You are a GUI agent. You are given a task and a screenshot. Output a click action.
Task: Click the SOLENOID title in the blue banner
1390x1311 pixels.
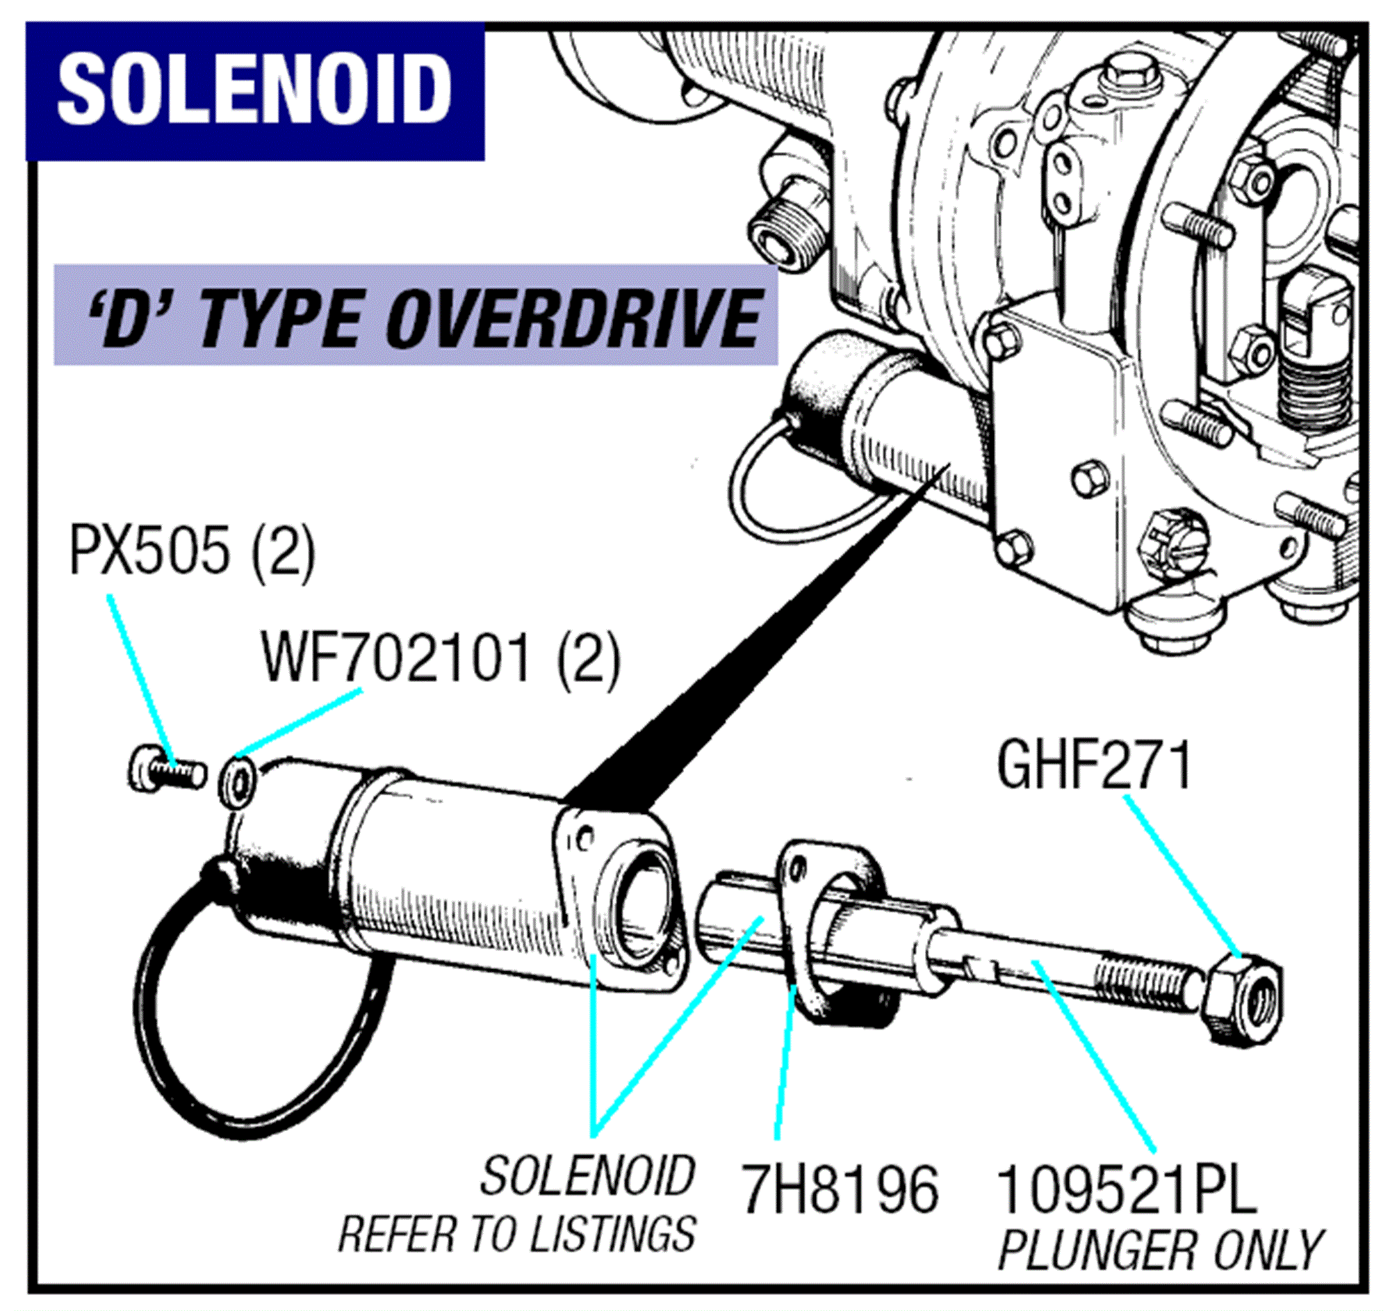[x=254, y=90]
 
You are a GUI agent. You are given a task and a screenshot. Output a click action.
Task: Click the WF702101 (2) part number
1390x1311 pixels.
[x=441, y=660]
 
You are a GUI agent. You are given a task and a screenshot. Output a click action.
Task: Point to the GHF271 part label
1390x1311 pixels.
[x=1094, y=766]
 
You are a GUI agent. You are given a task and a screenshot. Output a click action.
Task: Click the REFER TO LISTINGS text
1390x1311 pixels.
[x=517, y=1234]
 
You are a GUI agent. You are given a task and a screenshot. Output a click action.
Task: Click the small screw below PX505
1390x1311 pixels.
[x=167, y=772]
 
